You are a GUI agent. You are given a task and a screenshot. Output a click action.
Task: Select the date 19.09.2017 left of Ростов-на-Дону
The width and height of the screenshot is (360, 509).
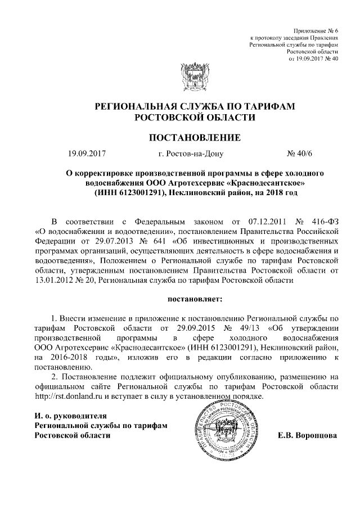click(87, 153)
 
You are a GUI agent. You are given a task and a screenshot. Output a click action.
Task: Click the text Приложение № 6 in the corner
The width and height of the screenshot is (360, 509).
click(316, 29)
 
